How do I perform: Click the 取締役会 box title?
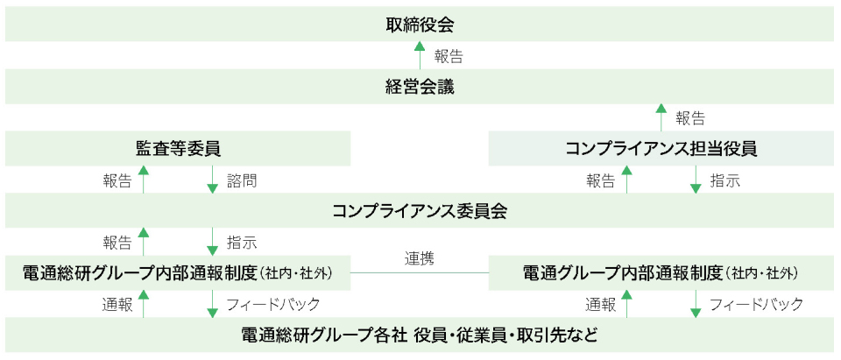420,25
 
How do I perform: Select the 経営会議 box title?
420,87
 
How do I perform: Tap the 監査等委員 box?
178,149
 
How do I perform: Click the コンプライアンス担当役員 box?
661,149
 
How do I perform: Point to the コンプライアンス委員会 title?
420,211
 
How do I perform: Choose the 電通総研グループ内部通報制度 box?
178,273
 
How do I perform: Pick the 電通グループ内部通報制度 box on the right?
661,273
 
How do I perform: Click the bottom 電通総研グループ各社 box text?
420,335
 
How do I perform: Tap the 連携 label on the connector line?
420,258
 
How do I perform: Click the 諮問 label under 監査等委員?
242,180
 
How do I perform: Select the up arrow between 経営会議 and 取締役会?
420,56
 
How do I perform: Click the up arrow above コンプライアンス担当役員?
661,117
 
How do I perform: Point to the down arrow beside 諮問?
212,180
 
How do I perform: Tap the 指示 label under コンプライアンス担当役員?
724,180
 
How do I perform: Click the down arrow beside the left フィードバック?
212,304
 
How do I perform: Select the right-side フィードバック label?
756,305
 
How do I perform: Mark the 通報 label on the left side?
117,305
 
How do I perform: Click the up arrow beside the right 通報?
626,304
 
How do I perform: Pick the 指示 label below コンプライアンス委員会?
242,243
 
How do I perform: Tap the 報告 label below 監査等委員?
117,180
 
